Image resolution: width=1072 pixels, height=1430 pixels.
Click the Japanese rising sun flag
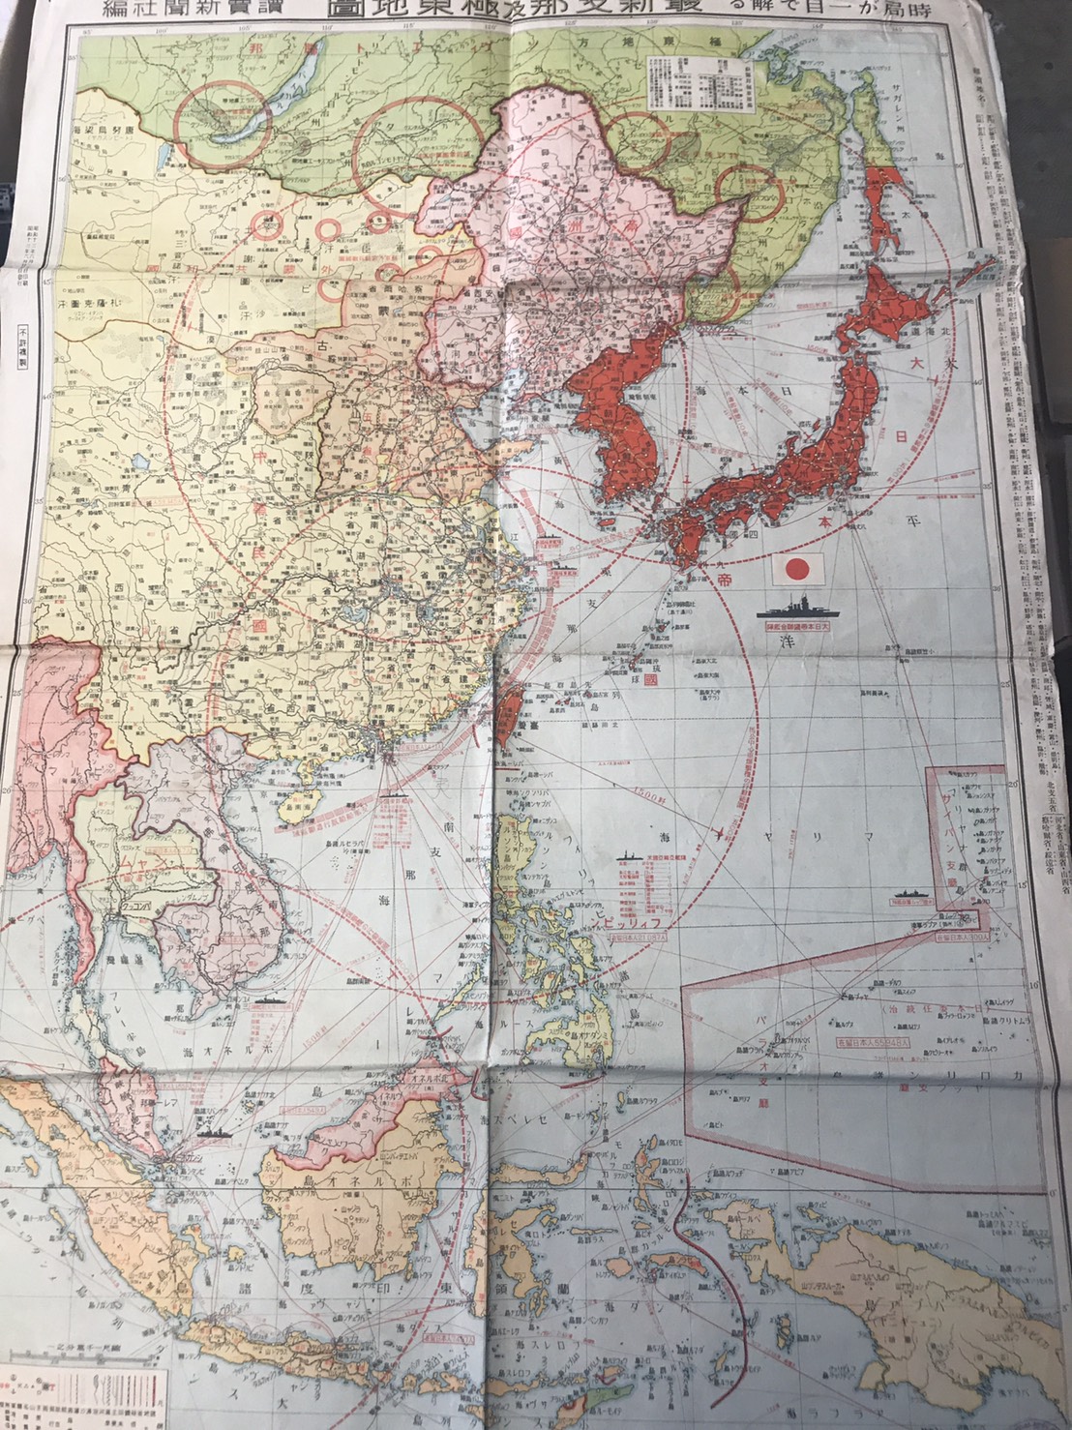(x=805, y=568)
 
